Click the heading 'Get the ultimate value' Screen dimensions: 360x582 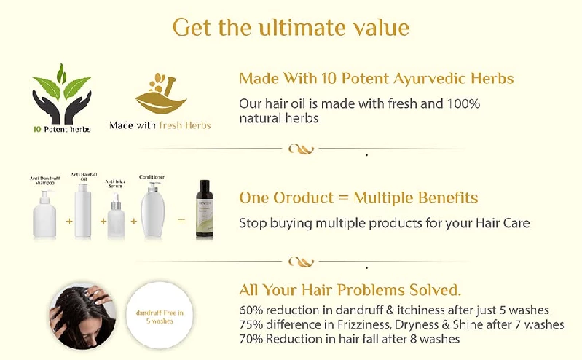291,28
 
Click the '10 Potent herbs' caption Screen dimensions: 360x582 61,130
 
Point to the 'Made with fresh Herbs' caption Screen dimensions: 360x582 160,125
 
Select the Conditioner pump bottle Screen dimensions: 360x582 152,211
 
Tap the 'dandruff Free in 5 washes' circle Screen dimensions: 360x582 160,316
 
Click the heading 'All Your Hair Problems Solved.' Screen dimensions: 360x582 350,289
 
